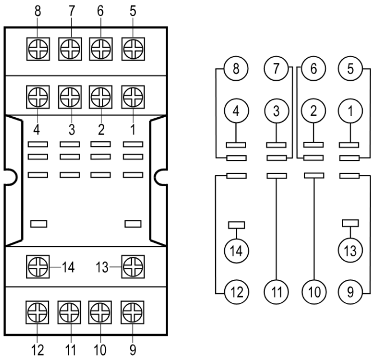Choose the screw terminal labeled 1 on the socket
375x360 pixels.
(132, 95)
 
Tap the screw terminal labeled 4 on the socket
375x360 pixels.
(38, 95)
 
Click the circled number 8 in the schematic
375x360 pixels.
(235, 71)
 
